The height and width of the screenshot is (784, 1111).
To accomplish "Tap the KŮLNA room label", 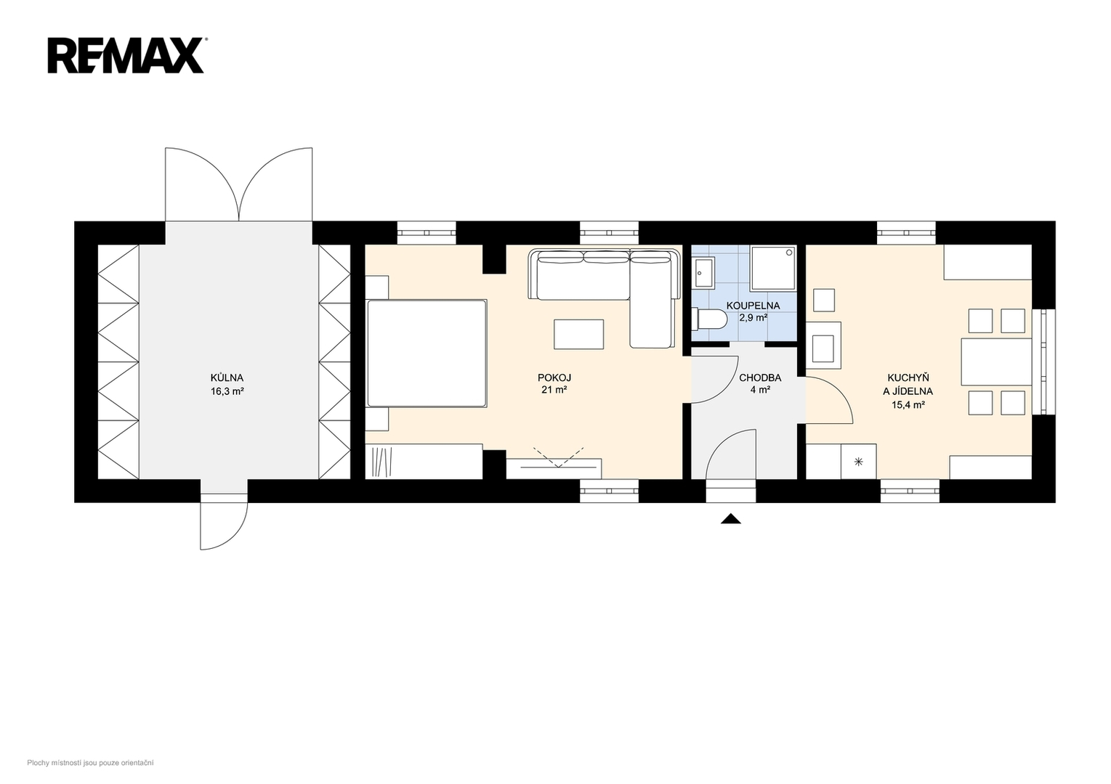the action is click(227, 377).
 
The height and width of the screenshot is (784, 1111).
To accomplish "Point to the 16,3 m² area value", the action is click(227, 391).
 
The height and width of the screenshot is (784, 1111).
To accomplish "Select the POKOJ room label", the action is click(554, 377).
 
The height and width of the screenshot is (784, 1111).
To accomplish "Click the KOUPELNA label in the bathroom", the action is click(753, 306).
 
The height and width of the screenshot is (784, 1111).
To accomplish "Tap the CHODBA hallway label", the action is click(760, 377).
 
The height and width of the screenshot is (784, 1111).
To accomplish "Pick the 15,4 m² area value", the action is click(908, 405).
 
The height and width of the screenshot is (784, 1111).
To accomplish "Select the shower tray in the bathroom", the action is click(774, 268).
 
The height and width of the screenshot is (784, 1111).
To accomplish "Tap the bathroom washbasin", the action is click(704, 272).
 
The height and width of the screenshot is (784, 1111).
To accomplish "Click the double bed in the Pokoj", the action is click(427, 354).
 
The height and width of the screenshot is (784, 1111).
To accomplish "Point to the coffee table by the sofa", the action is click(579, 335).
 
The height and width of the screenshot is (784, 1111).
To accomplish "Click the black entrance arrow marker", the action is click(730, 519).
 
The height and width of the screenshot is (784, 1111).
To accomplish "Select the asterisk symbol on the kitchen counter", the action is click(859, 462).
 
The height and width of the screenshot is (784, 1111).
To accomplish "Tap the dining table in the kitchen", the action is click(996, 362).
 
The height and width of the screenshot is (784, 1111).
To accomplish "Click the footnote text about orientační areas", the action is click(90, 763).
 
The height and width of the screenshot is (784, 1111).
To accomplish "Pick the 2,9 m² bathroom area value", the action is click(754, 318).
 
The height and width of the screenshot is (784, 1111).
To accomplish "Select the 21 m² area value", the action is click(554, 390).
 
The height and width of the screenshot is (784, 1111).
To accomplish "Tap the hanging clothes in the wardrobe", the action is click(382, 462).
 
